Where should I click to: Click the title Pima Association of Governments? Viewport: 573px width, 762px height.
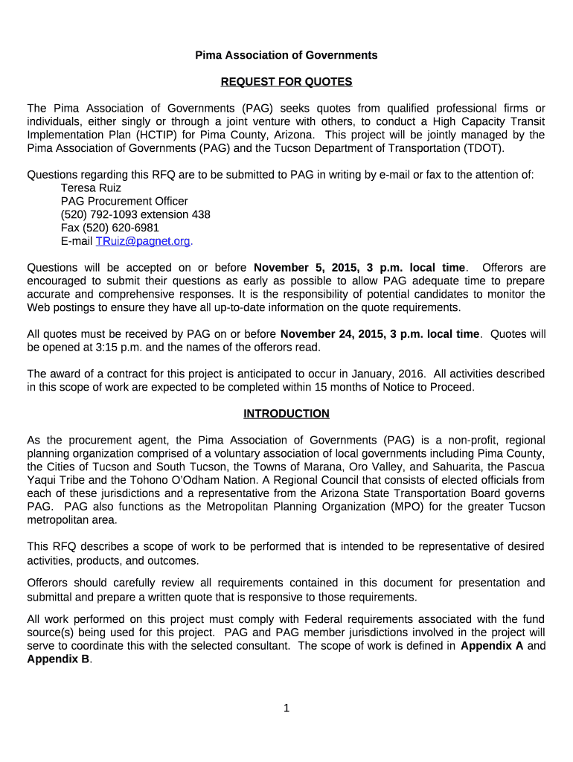click(x=286, y=55)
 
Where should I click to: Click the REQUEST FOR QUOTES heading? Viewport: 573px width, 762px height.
click(x=286, y=82)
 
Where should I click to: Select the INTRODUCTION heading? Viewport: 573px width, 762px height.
click(x=286, y=414)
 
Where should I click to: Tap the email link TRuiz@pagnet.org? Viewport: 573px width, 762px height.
click(x=144, y=241)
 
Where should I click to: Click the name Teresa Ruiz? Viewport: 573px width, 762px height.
click(x=91, y=188)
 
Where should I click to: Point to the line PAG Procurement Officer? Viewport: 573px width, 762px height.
click(x=124, y=202)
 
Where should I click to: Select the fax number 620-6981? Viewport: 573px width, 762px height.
click(x=135, y=228)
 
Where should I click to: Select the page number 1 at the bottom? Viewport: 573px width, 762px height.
click(x=286, y=708)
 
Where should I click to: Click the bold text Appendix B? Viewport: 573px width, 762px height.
click(x=59, y=659)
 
